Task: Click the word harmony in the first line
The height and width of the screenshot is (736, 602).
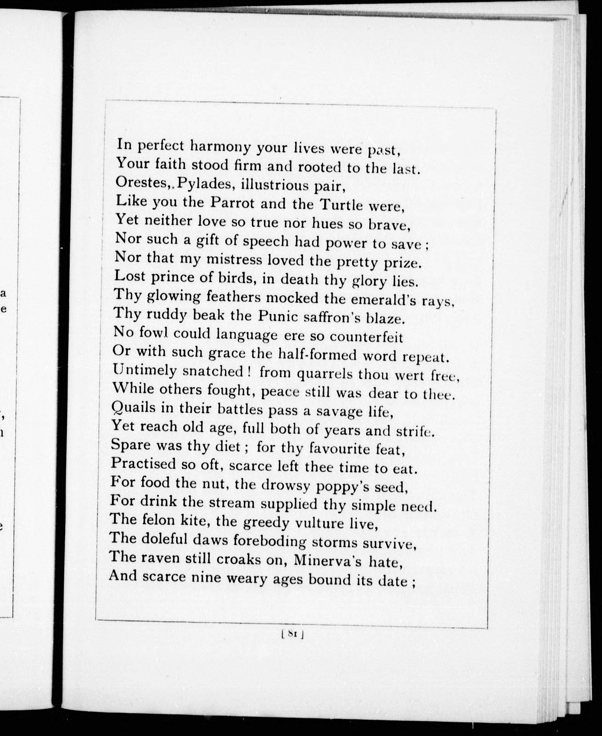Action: pos(220,147)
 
